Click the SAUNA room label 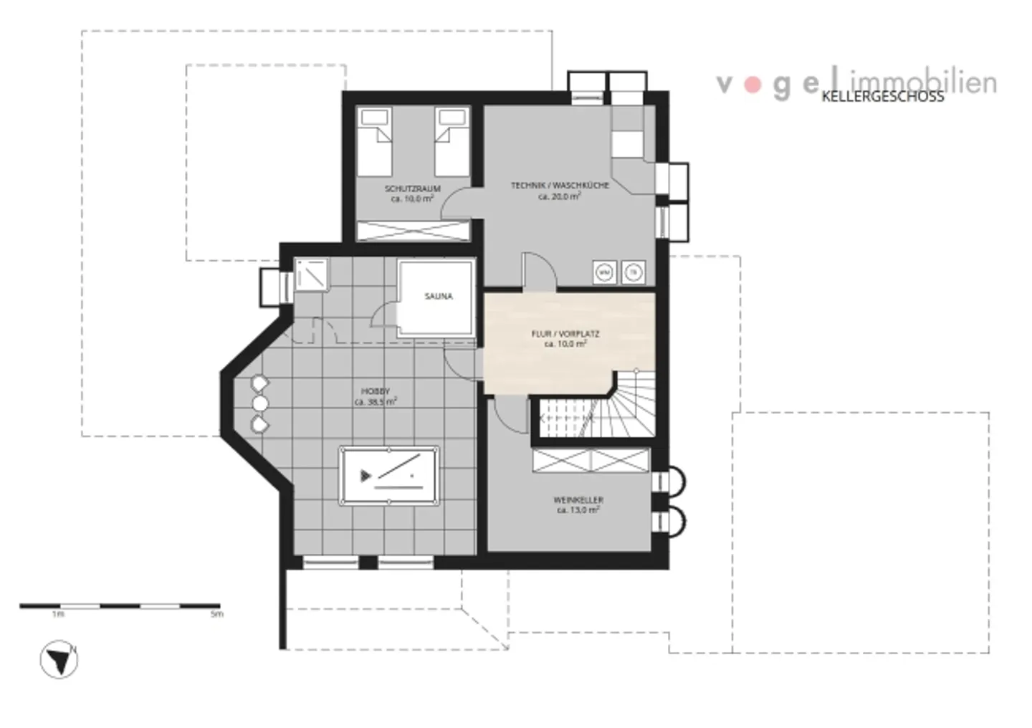tap(438, 296)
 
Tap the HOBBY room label tap(376, 391)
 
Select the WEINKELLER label tap(578, 499)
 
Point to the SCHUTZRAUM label tap(412, 189)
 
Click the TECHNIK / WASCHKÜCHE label tap(560, 186)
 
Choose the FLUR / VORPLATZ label tap(565, 334)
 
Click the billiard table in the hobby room tap(389, 476)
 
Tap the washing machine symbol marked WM tap(605, 272)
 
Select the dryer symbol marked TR tap(632, 272)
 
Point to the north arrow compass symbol tap(59, 660)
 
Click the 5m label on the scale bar tap(216, 614)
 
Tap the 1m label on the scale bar tap(57, 614)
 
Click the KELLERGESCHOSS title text tap(882, 97)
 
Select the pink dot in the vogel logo tap(752, 85)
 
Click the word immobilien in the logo tap(924, 82)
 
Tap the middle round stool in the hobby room tap(260, 404)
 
